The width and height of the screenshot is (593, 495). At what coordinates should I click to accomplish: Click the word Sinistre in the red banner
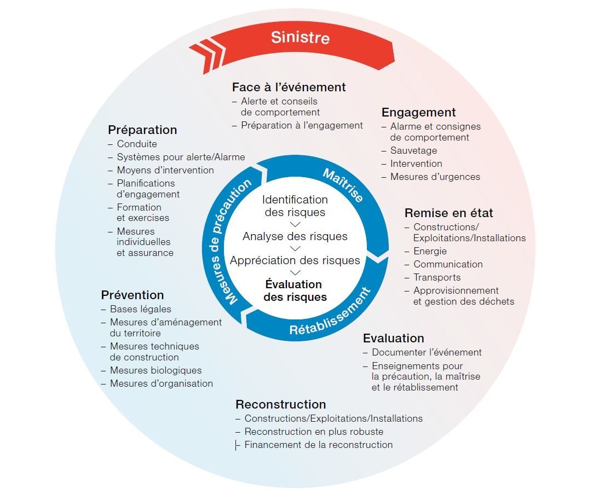300,37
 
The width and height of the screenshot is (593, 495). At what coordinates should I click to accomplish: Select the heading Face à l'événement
289,87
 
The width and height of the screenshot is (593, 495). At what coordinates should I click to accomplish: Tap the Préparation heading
142,130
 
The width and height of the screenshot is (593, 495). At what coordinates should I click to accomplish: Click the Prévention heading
133,295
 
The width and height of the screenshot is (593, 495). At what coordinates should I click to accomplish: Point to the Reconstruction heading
280,404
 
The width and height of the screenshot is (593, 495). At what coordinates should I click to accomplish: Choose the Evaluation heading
393,338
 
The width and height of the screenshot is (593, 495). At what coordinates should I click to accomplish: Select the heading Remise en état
448,213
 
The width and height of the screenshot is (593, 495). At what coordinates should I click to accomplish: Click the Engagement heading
418,112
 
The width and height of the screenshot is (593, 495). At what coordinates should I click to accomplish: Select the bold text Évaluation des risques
295,291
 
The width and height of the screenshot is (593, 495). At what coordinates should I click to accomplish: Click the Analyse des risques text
295,236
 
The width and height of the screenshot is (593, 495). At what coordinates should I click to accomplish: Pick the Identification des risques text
295,206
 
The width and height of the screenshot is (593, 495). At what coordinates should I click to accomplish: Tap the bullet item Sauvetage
413,150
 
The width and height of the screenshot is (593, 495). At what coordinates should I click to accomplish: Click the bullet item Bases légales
140,309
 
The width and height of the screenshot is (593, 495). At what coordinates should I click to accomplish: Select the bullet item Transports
437,277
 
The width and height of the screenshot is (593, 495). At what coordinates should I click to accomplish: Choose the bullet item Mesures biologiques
156,370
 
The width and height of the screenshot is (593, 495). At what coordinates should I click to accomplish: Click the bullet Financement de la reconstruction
318,445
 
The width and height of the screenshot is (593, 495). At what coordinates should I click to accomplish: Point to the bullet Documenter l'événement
427,352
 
